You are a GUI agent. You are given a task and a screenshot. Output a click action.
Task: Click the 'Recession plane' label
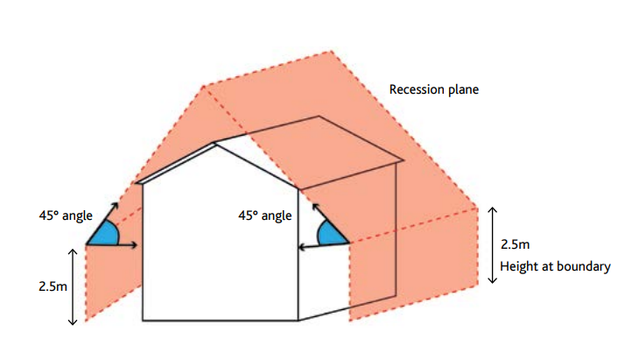pos(434,89)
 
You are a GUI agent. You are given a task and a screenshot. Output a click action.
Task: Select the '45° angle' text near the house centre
pos(264,214)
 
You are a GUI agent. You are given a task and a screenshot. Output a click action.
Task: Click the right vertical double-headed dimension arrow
pos(492,244)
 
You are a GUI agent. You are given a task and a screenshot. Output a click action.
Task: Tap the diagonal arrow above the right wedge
pos(318,215)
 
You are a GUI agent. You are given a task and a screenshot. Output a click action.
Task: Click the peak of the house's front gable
pos(215,144)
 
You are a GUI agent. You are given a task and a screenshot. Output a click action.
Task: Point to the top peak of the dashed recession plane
pos(203,86)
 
